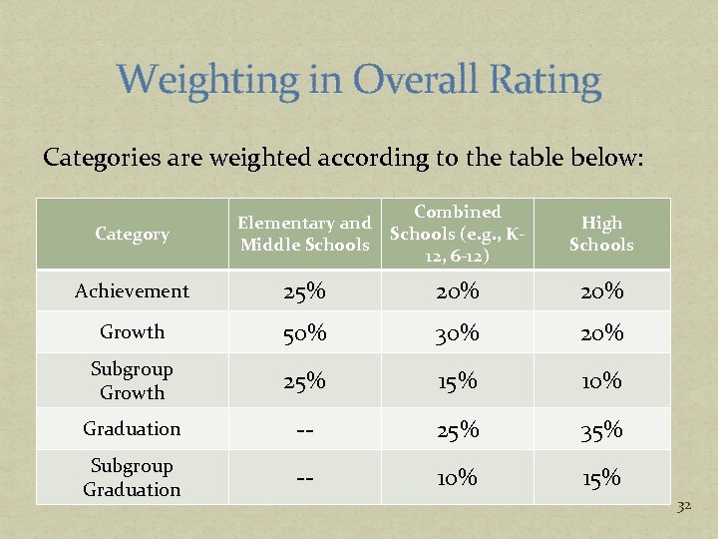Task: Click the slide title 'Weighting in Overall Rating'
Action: pyautogui.click(x=359, y=81)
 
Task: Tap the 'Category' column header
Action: pyautogui.click(x=132, y=235)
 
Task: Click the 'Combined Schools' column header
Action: pyautogui.click(x=458, y=235)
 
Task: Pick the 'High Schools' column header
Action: pyautogui.click(x=601, y=235)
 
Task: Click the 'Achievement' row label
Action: pyautogui.click(x=132, y=291)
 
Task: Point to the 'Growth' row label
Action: pyautogui.click(x=132, y=332)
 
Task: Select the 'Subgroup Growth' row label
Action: pyautogui.click(x=132, y=380)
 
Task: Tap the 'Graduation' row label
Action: pyautogui.click(x=132, y=429)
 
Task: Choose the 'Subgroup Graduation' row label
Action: pyautogui.click(x=132, y=478)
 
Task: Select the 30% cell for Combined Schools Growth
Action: pyautogui.click(x=458, y=333)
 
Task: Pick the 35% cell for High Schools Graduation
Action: pyautogui.click(x=601, y=430)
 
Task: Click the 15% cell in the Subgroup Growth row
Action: pyautogui.click(x=458, y=381)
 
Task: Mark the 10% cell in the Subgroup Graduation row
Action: pyautogui.click(x=458, y=479)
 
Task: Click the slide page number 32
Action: pyautogui.click(x=684, y=507)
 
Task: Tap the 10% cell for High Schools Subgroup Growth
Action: pyautogui.click(x=601, y=381)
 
